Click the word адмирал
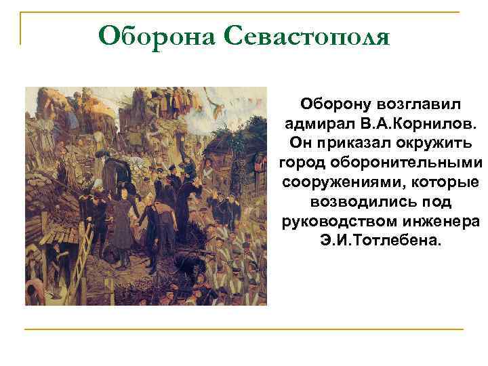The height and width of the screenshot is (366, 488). pos(316,125)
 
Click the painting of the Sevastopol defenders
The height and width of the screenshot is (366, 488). pos(146,196)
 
